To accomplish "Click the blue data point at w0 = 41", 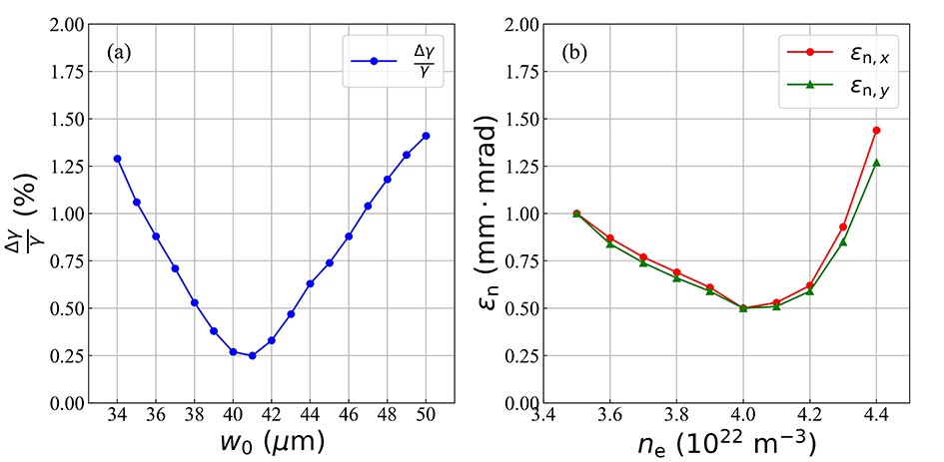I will pos(252,355).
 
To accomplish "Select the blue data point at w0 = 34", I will pos(117,159).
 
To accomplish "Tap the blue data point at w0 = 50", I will pos(426,136).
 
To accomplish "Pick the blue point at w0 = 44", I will pos(310,283).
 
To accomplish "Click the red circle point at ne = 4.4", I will pos(876,130).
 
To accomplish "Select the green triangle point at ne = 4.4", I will pos(876,163).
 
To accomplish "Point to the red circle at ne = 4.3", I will pos(843,228).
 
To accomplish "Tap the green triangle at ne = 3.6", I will pos(610,243).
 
